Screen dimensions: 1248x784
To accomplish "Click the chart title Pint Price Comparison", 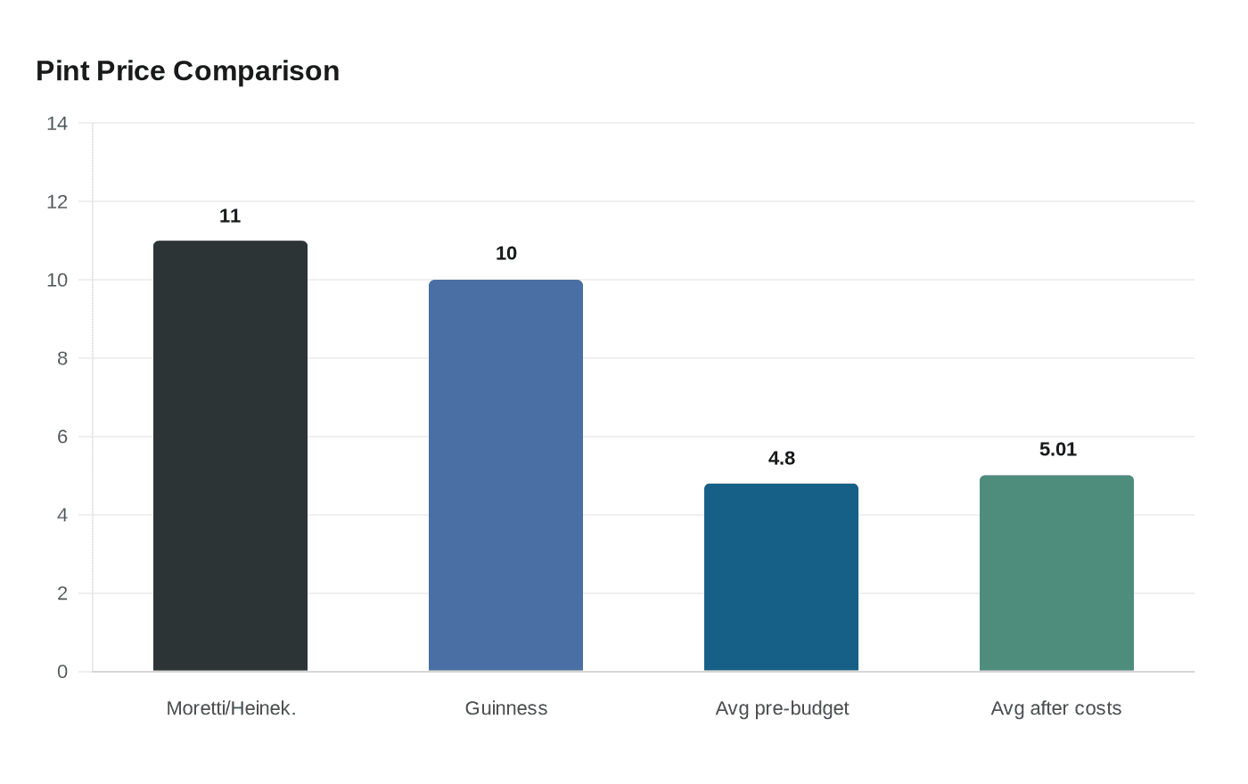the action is click(188, 71).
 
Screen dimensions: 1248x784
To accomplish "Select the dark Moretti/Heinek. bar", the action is click(230, 455).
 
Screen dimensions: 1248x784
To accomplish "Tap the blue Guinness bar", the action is click(505, 475).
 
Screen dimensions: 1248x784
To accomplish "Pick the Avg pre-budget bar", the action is click(781, 577).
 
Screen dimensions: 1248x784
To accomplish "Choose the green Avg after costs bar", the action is click(1056, 573).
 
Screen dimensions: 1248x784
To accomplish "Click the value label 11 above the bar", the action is click(230, 216).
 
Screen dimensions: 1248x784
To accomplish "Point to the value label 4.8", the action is click(781, 458).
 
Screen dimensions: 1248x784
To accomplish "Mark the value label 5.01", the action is click(1057, 449).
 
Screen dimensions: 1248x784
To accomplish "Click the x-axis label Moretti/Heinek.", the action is click(231, 708).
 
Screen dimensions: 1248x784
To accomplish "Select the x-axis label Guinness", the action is click(506, 708).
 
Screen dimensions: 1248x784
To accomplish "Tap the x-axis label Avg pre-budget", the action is click(782, 709).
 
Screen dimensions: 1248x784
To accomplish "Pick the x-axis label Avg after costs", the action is click(1055, 708).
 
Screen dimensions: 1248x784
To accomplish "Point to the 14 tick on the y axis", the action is click(57, 124).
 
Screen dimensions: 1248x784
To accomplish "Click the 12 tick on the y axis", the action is click(57, 202).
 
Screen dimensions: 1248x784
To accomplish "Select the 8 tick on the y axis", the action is click(62, 358).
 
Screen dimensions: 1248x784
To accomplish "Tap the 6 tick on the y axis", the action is click(62, 437).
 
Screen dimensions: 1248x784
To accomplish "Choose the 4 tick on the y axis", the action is click(62, 515).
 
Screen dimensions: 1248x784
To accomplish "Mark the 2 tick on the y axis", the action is click(62, 593).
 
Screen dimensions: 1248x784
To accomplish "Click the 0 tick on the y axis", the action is click(62, 672).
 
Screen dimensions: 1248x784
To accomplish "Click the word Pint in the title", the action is click(62, 71).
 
